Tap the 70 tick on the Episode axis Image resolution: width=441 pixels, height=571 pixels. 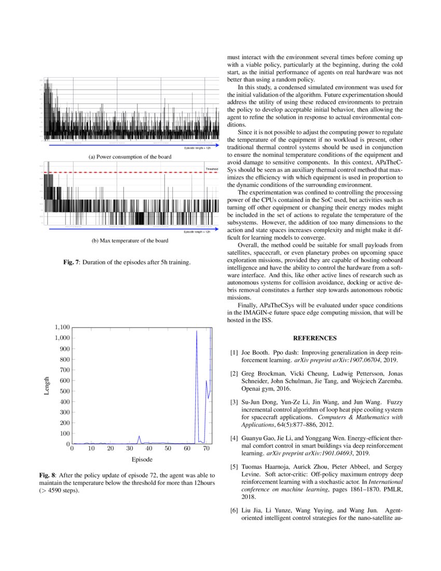click(x=206, y=448)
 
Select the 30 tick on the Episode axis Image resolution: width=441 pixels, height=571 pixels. click(x=129, y=448)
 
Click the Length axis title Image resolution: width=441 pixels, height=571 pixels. click(x=47, y=386)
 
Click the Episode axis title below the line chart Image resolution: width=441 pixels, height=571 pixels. click(x=142, y=459)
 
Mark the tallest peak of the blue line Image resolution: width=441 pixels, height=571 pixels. click(x=197, y=331)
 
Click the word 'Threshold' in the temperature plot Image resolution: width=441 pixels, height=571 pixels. click(x=212, y=169)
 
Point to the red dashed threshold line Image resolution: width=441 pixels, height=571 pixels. click(x=130, y=172)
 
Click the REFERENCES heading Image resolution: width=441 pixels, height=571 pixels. click(x=315, y=338)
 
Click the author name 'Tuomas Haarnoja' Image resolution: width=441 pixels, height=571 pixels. click(x=265, y=469)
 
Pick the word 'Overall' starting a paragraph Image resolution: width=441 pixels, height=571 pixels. click(x=247, y=244)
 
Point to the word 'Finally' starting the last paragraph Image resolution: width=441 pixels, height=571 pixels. click(x=247, y=306)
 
